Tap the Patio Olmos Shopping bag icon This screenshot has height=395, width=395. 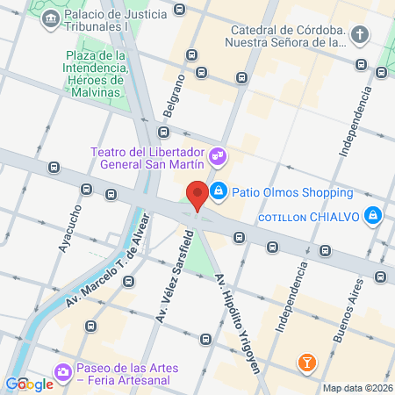pos(219,190)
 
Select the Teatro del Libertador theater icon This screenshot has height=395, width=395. pos(219,158)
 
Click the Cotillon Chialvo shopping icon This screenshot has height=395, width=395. pos(374,215)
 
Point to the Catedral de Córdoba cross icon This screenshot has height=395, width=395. pos(360,35)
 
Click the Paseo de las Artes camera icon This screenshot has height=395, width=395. pos(62,374)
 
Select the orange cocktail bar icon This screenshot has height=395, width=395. pos(306,361)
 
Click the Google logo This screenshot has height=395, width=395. pos(29,384)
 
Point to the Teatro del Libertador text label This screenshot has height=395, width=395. pos(147,158)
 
